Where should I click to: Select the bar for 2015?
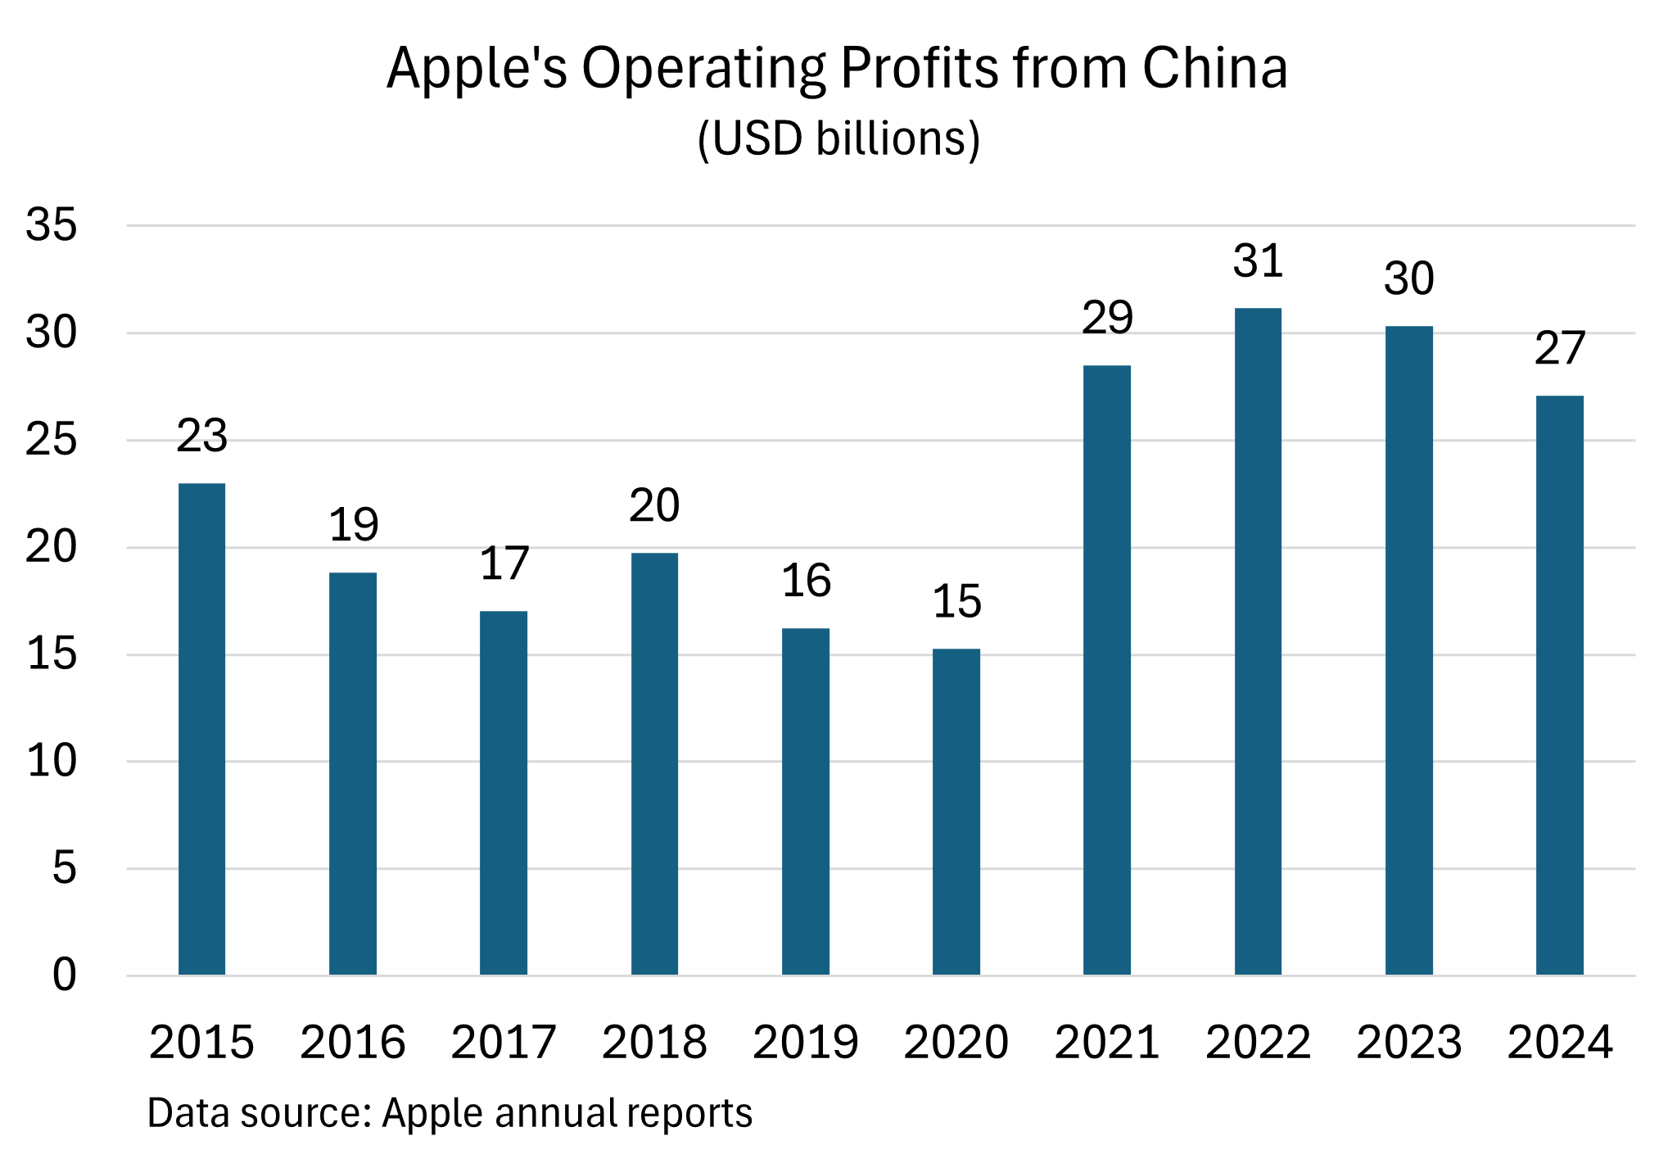pyautogui.click(x=201, y=728)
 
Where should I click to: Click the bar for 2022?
pyautogui.click(x=1258, y=640)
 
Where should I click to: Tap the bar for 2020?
pyautogui.click(x=956, y=811)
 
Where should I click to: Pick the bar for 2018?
pyautogui.click(x=654, y=763)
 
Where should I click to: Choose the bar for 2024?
pyautogui.click(x=1559, y=685)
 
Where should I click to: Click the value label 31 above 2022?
pyautogui.click(x=1258, y=262)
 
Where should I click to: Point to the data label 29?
pyautogui.click(x=1107, y=318)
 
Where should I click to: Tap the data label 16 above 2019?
pyautogui.click(x=806, y=581)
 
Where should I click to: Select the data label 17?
pyautogui.click(x=504, y=564)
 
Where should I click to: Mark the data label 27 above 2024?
pyautogui.click(x=1559, y=349)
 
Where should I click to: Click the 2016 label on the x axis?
pyautogui.click(x=352, y=1043)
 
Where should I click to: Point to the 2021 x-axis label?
pyautogui.click(x=1107, y=1043)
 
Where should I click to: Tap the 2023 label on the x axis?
pyautogui.click(x=1408, y=1043)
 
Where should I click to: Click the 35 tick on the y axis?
pyautogui.click(x=51, y=225)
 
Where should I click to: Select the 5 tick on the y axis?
pyautogui.click(x=64, y=868)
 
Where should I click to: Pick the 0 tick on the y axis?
pyautogui.click(x=64, y=975)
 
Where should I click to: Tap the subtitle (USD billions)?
pyautogui.click(x=838, y=138)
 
